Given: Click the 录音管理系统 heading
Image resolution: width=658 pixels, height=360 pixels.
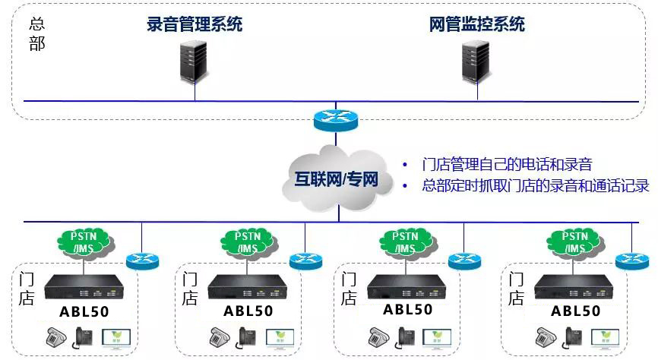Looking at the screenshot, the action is (195, 24).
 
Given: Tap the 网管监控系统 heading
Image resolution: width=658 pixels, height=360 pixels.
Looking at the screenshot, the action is (477, 24).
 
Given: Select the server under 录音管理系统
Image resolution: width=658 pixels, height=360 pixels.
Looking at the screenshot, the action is (194, 62).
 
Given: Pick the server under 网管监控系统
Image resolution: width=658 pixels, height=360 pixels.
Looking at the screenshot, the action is (476, 62).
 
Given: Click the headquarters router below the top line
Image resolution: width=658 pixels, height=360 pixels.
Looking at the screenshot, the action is (336, 121).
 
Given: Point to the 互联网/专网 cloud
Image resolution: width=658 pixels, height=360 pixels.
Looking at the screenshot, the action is (337, 179).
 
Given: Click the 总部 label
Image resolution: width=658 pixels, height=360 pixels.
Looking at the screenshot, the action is (37, 34).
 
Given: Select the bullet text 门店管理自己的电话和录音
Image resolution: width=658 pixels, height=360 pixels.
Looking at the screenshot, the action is (507, 164).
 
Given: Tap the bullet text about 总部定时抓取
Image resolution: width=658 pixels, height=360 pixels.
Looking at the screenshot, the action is (536, 185).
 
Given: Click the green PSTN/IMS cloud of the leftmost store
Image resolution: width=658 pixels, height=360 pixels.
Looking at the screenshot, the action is (86, 243).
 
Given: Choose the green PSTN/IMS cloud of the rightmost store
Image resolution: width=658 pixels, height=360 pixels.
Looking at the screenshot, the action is (575, 243).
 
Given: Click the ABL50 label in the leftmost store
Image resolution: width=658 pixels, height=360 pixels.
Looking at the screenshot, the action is (84, 311).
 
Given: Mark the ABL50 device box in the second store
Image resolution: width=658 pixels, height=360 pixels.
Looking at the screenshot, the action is (248, 287).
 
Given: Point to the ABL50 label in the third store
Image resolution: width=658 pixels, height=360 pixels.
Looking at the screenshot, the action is (407, 310).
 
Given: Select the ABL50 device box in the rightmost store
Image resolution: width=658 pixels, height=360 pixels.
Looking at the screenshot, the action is (574, 287).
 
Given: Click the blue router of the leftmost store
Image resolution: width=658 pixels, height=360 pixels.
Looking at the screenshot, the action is (143, 261).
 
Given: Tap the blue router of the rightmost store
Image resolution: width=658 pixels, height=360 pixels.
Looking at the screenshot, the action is (632, 261).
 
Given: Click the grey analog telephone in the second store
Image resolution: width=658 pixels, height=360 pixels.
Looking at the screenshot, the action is (220, 337).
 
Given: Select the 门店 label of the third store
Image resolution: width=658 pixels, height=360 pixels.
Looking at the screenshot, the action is (348, 289).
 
